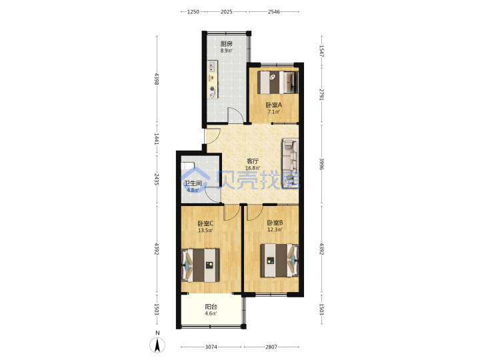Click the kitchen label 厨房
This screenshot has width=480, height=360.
coord(227,44)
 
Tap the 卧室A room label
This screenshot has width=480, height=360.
coord(274,105)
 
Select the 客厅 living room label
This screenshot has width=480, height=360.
coord(253,161)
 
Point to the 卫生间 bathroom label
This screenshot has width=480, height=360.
coord(193,183)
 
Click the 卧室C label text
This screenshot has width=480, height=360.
coord(205,224)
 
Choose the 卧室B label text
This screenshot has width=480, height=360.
coord(275,223)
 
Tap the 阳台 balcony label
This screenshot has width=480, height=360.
coord(211,307)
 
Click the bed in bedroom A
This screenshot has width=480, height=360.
coord(277,83)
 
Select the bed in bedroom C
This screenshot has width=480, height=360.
coord(201,265)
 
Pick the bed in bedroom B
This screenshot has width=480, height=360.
coord(279,261)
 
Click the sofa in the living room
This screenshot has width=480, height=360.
coord(291,163)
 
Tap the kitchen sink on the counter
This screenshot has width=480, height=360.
coord(213,66)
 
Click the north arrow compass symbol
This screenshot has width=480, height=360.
coord(157,345)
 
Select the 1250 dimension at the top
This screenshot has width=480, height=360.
coord(193,12)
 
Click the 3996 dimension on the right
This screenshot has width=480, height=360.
coord(322,164)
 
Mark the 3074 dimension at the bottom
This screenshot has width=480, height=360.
coord(211,347)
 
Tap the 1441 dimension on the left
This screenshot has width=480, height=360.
coord(157,139)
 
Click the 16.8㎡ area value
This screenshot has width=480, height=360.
coord(253,168)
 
